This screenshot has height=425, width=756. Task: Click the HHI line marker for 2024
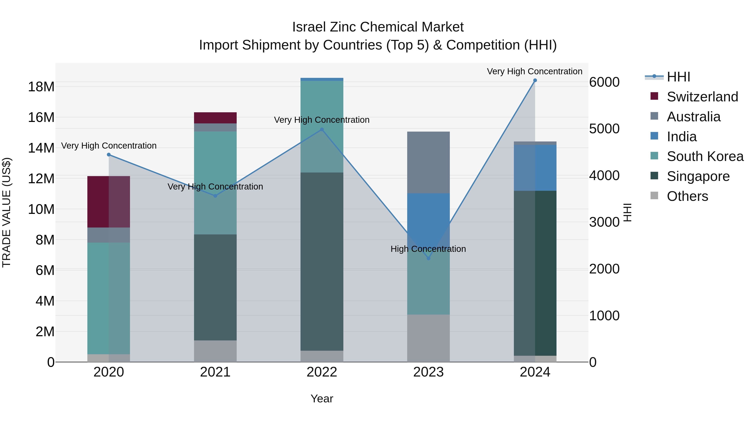click(535, 80)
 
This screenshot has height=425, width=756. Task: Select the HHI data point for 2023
click(428, 258)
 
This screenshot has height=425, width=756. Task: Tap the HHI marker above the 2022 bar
click(322, 129)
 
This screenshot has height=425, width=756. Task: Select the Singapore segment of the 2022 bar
click(322, 261)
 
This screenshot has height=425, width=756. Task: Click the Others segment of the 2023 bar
click(428, 338)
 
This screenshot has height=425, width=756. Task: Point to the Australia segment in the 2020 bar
click(109, 235)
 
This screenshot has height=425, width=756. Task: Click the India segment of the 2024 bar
click(535, 167)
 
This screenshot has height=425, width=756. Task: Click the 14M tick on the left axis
click(41, 148)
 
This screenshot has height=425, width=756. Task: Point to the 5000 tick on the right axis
click(604, 129)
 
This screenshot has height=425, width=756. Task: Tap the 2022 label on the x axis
click(322, 372)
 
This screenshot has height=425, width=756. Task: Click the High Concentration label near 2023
click(428, 249)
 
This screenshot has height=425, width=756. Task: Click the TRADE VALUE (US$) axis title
click(7, 212)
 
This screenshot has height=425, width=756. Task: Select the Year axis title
click(322, 399)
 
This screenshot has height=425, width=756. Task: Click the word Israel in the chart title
click(309, 27)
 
